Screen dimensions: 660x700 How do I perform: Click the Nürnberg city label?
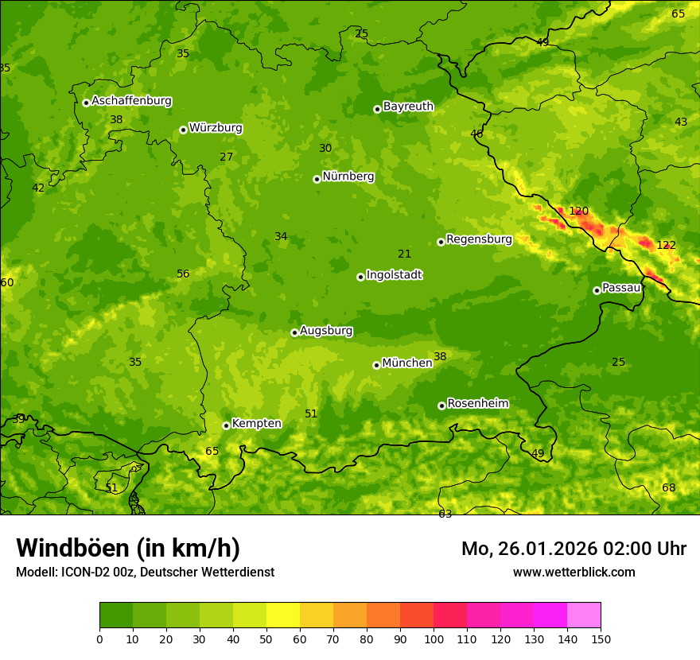(348, 177)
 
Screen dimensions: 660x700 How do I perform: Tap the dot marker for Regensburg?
(441, 242)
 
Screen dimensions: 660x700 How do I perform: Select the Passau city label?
(621, 288)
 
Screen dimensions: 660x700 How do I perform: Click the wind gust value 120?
(578, 212)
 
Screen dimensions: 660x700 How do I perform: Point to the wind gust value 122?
(666, 245)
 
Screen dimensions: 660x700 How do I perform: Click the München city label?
(406, 363)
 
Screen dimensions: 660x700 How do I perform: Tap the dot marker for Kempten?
(226, 425)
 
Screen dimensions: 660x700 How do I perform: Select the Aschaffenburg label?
(131, 101)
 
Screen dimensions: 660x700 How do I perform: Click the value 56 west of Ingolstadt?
(183, 274)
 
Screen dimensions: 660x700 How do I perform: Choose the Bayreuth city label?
(408, 107)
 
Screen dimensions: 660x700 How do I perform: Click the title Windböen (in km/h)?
(128, 548)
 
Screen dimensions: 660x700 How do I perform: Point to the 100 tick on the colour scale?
(434, 639)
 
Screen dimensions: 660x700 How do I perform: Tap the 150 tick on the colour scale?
(601, 639)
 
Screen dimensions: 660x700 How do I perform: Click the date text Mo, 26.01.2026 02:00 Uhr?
(574, 549)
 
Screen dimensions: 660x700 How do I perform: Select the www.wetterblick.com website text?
(574, 572)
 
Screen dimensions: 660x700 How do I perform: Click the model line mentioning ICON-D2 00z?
(145, 572)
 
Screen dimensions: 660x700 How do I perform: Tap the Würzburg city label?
(216, 128)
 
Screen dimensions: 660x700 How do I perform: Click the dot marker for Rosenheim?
(441, 406)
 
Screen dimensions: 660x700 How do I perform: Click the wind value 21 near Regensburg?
(405, 254)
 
